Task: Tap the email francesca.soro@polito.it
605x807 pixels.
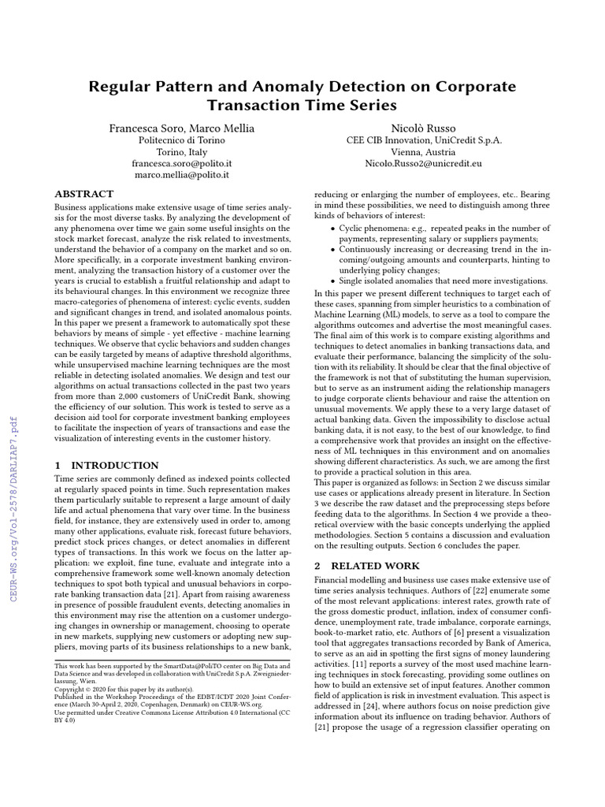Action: (x=181, y=164)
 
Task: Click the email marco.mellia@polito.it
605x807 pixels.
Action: (x=181, y=176)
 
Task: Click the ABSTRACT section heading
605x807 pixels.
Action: (x=84, y=194)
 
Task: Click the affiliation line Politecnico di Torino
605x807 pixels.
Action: (x=181, y=140)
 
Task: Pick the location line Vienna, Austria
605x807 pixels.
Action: (x=424, y=152)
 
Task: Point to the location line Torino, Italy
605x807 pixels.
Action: (x=181, y=152)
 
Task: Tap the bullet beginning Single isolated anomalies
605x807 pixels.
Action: (x=442, y=281)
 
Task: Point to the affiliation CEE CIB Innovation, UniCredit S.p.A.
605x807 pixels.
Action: (x=424, y=140)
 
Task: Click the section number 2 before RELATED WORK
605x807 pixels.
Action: (x=317, y=566)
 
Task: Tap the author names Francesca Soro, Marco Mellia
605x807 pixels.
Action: (x=181, y=127)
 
